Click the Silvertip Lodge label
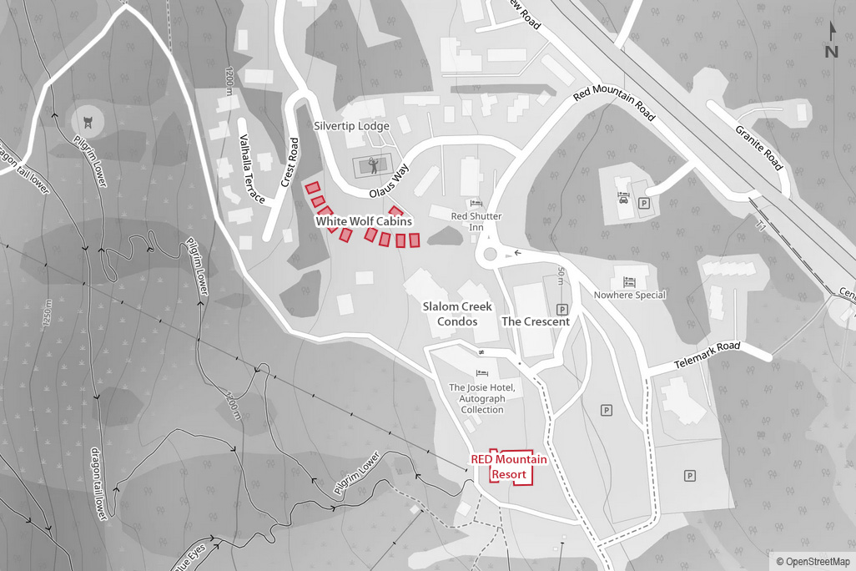click(351, 126)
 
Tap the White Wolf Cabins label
click(364, 222)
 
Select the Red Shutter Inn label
click(476, 221)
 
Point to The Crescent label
click(536, 321)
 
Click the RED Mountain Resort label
click(509, 467)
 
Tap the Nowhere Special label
click(629, 295)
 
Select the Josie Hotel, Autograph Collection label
click(482, 398)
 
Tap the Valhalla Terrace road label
click(252, 169)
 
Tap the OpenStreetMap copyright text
click(813, 562)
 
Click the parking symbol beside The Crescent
click(562, 309)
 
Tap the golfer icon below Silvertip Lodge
click(375, 165)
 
